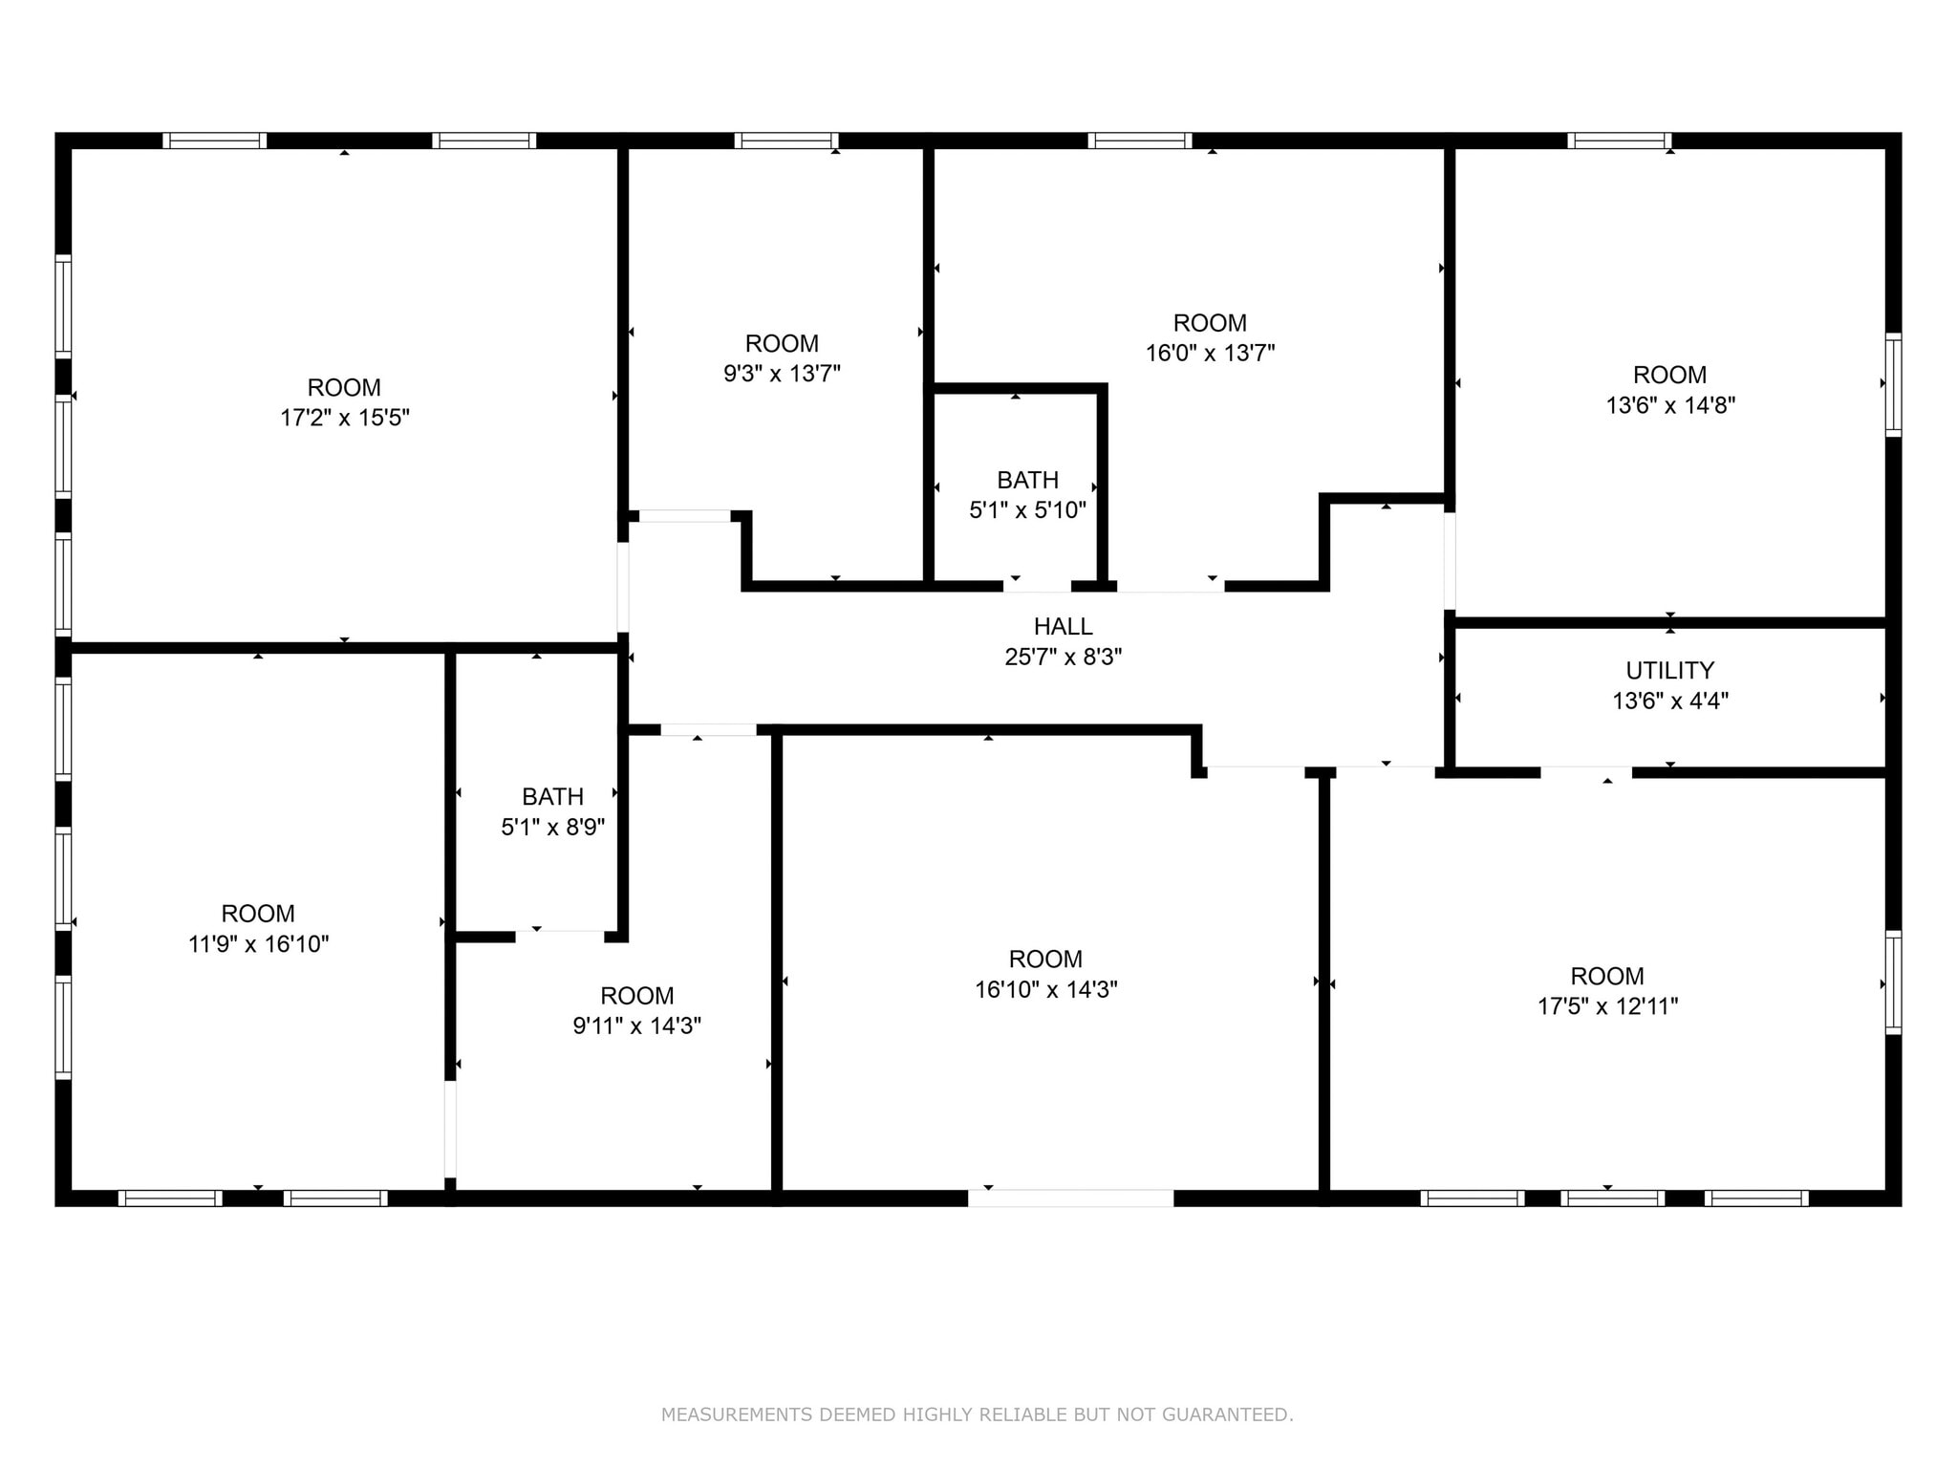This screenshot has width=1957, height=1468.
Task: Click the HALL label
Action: [x=1063, y=627]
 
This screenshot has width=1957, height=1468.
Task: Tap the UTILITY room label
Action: [x=1669, y=670]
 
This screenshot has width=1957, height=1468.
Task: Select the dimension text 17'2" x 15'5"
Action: [x=344, y=418]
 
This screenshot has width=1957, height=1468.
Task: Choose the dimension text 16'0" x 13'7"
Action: [x=1210, y=353]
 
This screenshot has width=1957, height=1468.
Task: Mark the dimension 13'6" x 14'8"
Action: [x=1669, y=405]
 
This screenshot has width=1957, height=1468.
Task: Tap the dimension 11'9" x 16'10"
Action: [x=258, y=944]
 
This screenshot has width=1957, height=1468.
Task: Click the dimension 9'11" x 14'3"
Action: [x=636, y=1025]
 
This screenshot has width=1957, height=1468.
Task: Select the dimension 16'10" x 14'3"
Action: [x=1045, y=989]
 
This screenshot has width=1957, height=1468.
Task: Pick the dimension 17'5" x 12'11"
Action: [x=1607, y=1006]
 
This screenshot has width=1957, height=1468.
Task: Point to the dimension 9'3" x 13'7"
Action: [x=782, y=373]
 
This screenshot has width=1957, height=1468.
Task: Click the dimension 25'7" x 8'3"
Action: [x=1063, y=657]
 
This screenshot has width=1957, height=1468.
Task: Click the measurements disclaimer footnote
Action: [x=977, y=1414]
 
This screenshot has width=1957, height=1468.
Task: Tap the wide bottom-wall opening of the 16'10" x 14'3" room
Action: [x=1070, y=1198]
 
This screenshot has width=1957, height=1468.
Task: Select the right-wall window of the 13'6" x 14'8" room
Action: [x=1893, y=384]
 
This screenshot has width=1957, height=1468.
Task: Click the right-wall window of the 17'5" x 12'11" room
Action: [x=1893, y=982]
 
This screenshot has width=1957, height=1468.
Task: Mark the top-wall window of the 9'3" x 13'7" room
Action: [x=786, y=140]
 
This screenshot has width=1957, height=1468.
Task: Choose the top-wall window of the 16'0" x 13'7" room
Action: [x=1139, y=140]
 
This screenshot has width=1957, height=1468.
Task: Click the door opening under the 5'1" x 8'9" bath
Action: [x=560, y=936]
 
